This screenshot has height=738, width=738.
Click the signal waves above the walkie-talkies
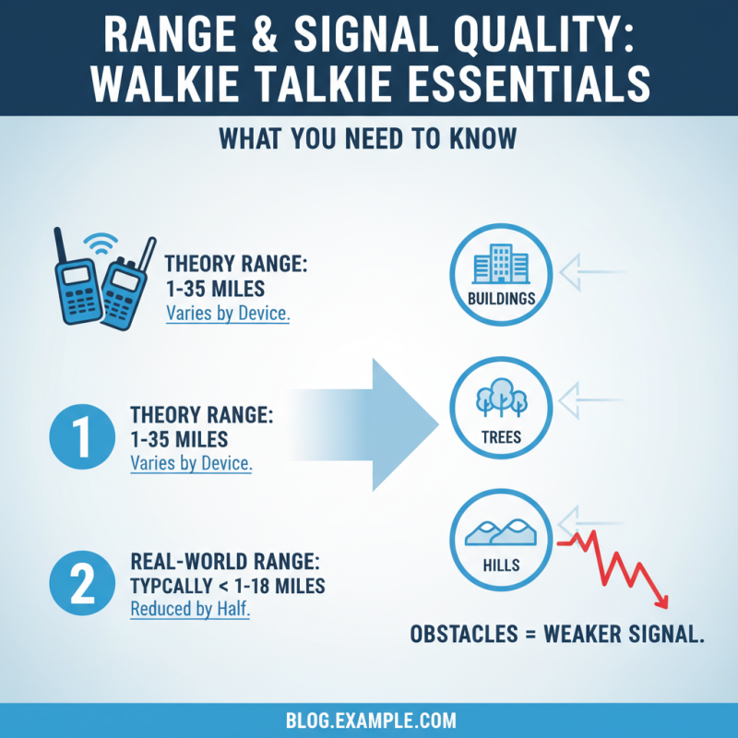(x=99, y=241)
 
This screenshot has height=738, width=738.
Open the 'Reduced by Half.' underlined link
(x=190, y=610)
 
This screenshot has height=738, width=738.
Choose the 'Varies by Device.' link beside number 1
(x=191, y=464)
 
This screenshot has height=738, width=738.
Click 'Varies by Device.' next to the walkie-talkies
(x=228, y=313)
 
